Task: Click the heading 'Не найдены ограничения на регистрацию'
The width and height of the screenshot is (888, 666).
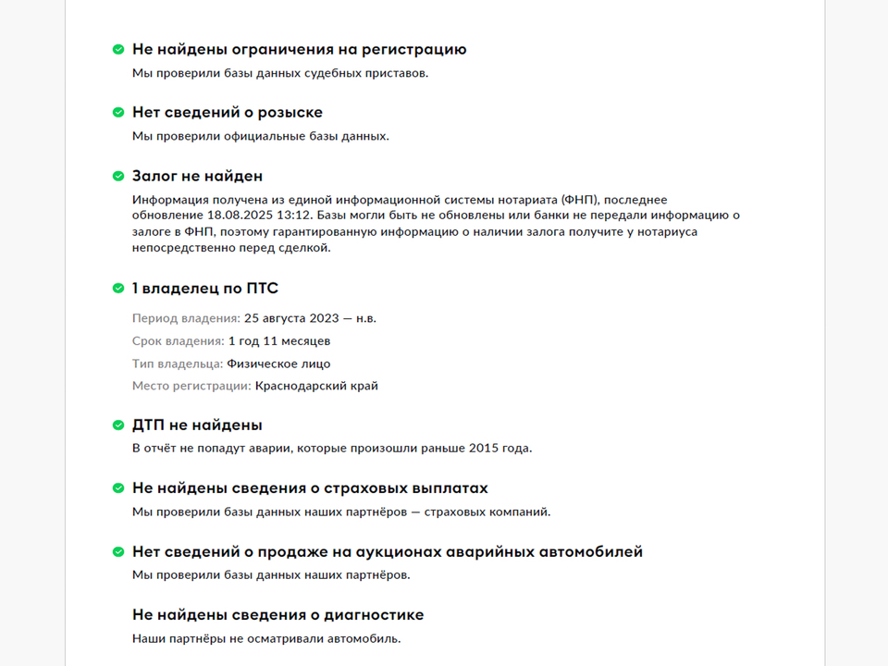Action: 299,50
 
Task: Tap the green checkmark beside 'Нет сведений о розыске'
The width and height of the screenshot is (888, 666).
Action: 118,113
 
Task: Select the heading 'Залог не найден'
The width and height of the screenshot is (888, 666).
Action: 197,176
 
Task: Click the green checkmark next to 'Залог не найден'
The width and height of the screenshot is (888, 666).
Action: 118,176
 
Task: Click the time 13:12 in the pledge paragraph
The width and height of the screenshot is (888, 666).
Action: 288,216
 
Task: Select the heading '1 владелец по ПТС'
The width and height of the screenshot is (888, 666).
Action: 204,289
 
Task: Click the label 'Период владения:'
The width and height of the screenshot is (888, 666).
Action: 186,318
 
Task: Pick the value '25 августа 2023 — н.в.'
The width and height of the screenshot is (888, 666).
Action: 310,318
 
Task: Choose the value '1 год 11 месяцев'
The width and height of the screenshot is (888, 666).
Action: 278,341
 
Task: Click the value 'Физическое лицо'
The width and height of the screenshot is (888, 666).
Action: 278,364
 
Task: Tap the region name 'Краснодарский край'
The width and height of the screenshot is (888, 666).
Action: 316,386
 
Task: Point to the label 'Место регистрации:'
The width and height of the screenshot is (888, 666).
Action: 191,386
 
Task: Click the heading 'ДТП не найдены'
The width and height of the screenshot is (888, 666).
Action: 197,425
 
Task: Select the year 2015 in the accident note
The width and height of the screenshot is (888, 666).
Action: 481,449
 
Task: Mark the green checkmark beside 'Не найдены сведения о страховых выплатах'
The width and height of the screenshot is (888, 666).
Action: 118,488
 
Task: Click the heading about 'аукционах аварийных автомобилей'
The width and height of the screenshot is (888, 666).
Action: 387,552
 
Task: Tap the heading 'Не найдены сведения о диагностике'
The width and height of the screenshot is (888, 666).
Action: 277,615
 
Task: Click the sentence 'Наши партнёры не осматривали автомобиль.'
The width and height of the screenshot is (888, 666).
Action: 266,638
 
